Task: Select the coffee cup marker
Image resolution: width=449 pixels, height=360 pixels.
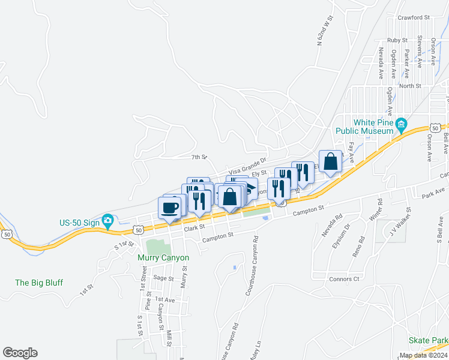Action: pos(170,208)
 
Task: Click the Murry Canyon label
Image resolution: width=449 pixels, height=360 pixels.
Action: pos(163,258)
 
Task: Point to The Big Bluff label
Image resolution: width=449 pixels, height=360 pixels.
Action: pos(38,283)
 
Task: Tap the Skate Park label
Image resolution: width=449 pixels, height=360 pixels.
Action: pos(428,340)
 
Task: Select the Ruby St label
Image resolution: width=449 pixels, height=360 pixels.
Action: pos(397,40)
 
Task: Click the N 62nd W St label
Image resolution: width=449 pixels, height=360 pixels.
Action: pos(325,32)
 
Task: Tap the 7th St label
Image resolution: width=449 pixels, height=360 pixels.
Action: pos(199,157)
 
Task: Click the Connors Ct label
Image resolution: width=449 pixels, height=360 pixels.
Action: pos(345,279)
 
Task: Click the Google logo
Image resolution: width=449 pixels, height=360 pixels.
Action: pos(20,353)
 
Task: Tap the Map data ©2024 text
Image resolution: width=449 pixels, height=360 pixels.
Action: pos(423,355)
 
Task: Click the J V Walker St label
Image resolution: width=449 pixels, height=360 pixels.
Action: pos(399,222)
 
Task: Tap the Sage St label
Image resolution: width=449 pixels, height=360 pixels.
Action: pos(163,278)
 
